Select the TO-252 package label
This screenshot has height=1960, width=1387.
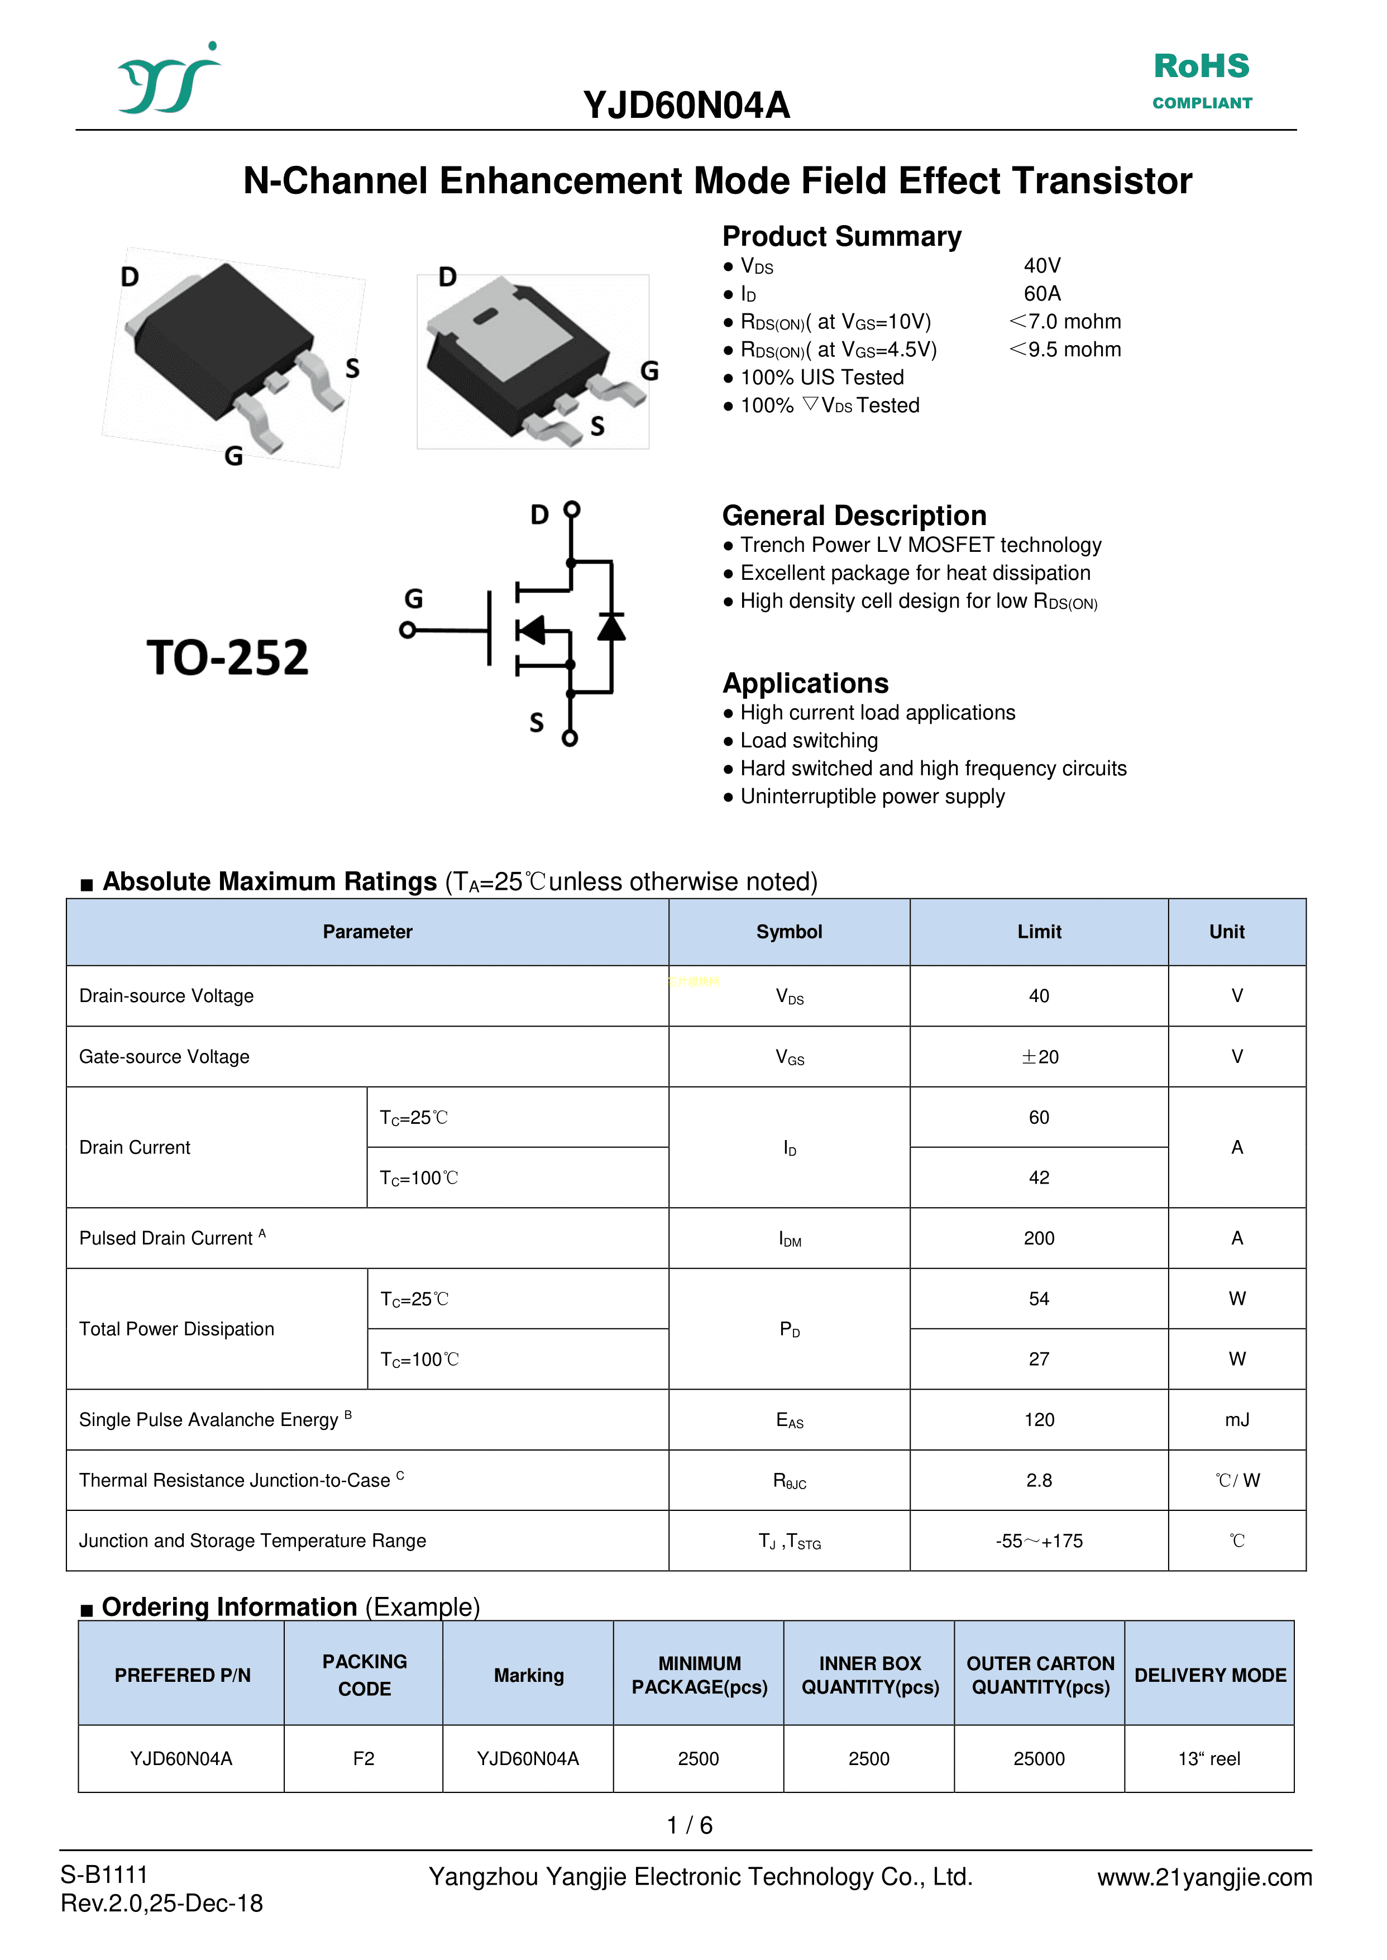click(227, 658)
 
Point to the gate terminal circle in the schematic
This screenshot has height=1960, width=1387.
click(408, 631)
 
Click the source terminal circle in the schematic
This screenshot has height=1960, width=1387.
click(570, 738)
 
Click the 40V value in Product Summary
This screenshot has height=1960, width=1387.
click(1042, 266)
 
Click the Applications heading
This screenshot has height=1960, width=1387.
click(805, 684)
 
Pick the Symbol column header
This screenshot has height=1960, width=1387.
click(789, 932)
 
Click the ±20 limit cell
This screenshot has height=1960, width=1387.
click(1039, 1057)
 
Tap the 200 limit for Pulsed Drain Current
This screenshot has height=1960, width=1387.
click(1039, 1238)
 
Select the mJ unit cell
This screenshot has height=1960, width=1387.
click(1237, 1420)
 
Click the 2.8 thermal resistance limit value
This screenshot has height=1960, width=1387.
click(1039, 1481)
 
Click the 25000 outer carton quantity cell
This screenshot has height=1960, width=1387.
click(1039, 1758)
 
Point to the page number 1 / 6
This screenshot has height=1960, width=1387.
click(689, 1826)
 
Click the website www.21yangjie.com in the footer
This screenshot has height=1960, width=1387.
click(1204, 1877)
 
